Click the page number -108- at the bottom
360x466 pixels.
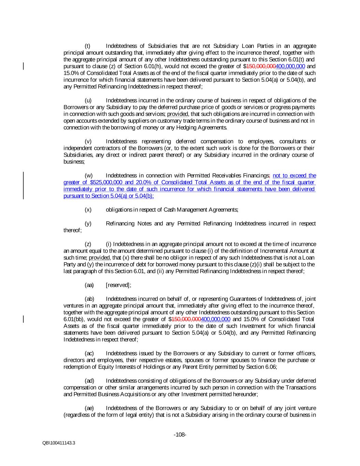point(180,435)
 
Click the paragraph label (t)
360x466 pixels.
point(87,46)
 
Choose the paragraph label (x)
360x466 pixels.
point(88,210)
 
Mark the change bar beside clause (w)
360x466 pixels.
point(24,185)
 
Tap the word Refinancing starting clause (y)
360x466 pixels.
point(121,224)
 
